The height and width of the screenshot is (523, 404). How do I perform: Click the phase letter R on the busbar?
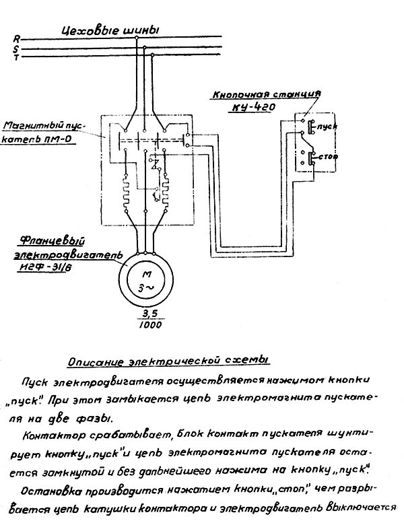18,40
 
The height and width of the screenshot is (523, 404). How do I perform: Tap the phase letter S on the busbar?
18,48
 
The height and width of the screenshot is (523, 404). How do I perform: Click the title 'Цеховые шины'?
110,30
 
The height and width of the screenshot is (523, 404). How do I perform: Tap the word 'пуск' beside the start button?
329,127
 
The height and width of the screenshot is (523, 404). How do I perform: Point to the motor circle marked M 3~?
146,276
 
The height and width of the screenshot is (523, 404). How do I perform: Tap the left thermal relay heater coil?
125,191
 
